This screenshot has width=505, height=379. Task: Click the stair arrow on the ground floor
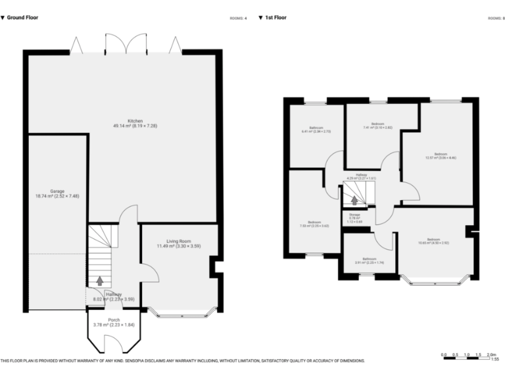99,280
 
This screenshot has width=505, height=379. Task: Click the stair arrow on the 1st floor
354,200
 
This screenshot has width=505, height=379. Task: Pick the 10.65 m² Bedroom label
433,241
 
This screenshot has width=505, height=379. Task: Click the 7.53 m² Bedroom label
314,224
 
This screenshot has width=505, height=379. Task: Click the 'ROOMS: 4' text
237,18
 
